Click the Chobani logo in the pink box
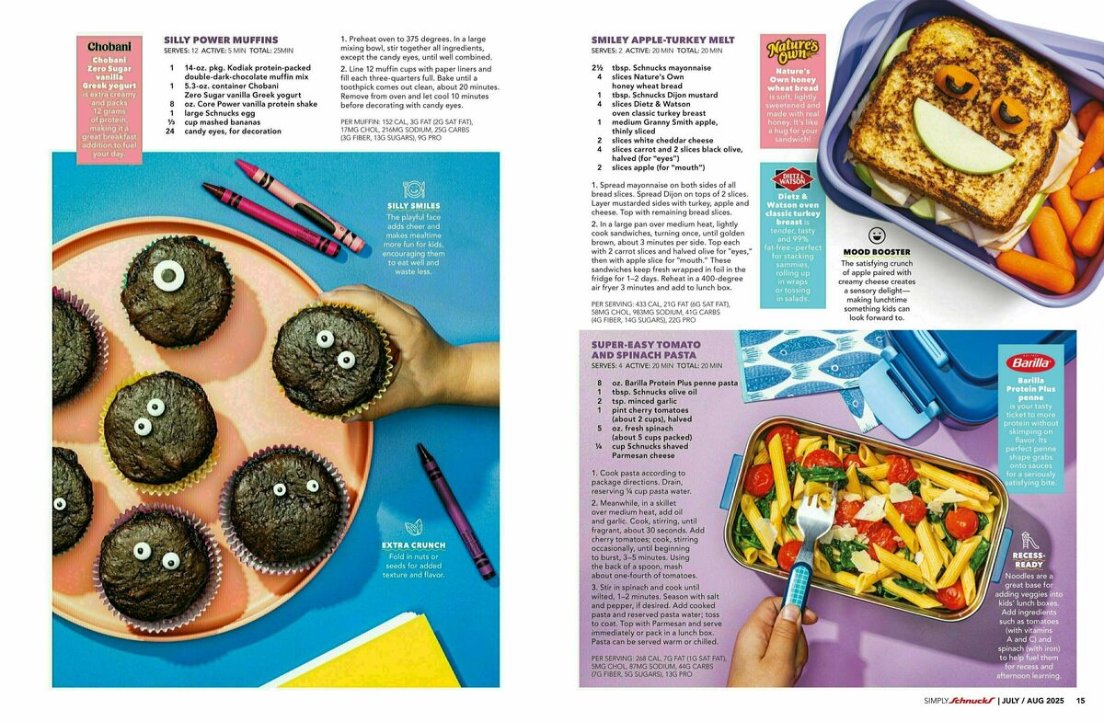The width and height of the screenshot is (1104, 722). tap(109, 46)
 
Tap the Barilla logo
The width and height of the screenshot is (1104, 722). tap(1030, 363)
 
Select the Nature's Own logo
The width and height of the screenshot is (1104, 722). tap(792, 51)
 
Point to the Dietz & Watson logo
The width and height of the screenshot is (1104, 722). tap(792, 179)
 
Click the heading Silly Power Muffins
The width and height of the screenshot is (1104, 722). tap(221, 40)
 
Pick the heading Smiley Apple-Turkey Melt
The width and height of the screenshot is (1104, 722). tap(663, 40)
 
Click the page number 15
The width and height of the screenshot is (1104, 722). tap(1080, 700)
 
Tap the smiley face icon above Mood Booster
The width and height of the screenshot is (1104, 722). tap(876, 235)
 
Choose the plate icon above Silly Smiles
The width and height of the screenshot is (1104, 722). tap(413, 189)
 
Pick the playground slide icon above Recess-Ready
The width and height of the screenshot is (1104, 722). tap(1029, 541)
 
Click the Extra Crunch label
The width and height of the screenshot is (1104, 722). tap(413, 545)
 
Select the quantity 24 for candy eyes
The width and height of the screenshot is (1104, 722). tap(170, 132)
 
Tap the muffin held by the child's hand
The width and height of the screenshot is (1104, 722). tap(330, 360)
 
